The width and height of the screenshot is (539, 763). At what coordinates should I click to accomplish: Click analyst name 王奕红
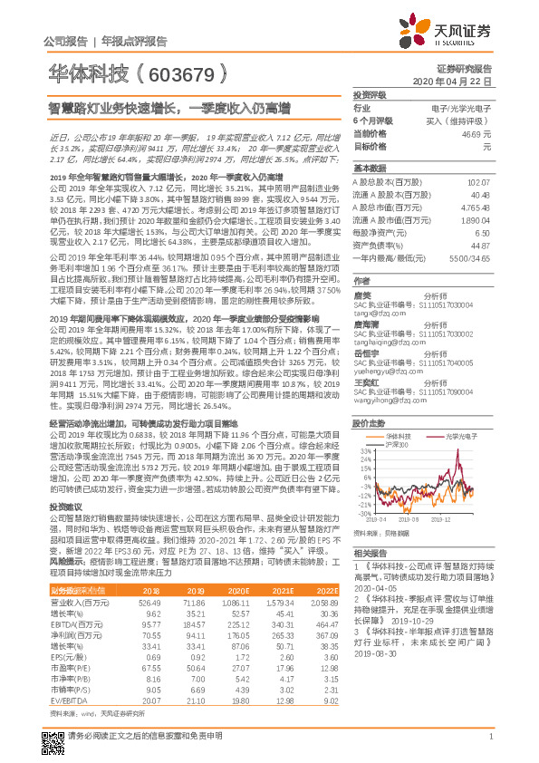pos(363,381)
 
